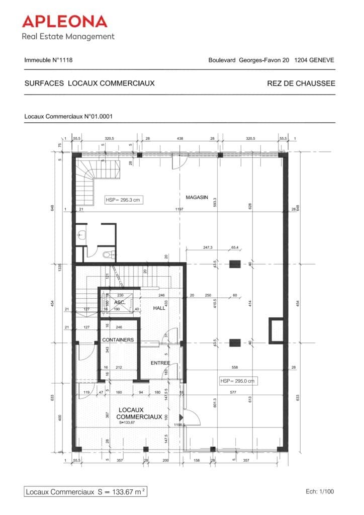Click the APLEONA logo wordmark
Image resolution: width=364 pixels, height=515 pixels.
point(64,21)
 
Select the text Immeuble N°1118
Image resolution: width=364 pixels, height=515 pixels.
point(48,60)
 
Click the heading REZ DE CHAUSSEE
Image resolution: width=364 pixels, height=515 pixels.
point(301,83)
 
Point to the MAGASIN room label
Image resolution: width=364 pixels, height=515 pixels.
point(197,198)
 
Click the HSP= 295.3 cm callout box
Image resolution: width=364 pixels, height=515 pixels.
point(122,200)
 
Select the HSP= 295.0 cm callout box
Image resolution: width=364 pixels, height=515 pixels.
point(237,381)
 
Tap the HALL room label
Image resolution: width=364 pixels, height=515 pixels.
point(159,308)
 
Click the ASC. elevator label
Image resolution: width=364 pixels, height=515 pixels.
point(120,302)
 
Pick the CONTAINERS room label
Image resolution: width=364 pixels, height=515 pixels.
point(118,340)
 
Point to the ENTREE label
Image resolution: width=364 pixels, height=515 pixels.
point(160,363)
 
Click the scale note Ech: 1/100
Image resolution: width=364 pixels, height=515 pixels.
point(319,491)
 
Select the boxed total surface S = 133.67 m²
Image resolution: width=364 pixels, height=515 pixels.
point(85,491)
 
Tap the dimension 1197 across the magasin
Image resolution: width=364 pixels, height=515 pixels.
point(179,209)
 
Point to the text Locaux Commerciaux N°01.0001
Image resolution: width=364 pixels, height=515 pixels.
point(68,117)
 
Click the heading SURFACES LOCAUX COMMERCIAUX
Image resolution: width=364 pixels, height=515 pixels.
point(89,83)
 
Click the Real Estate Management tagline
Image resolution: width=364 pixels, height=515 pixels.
point(68,36)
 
